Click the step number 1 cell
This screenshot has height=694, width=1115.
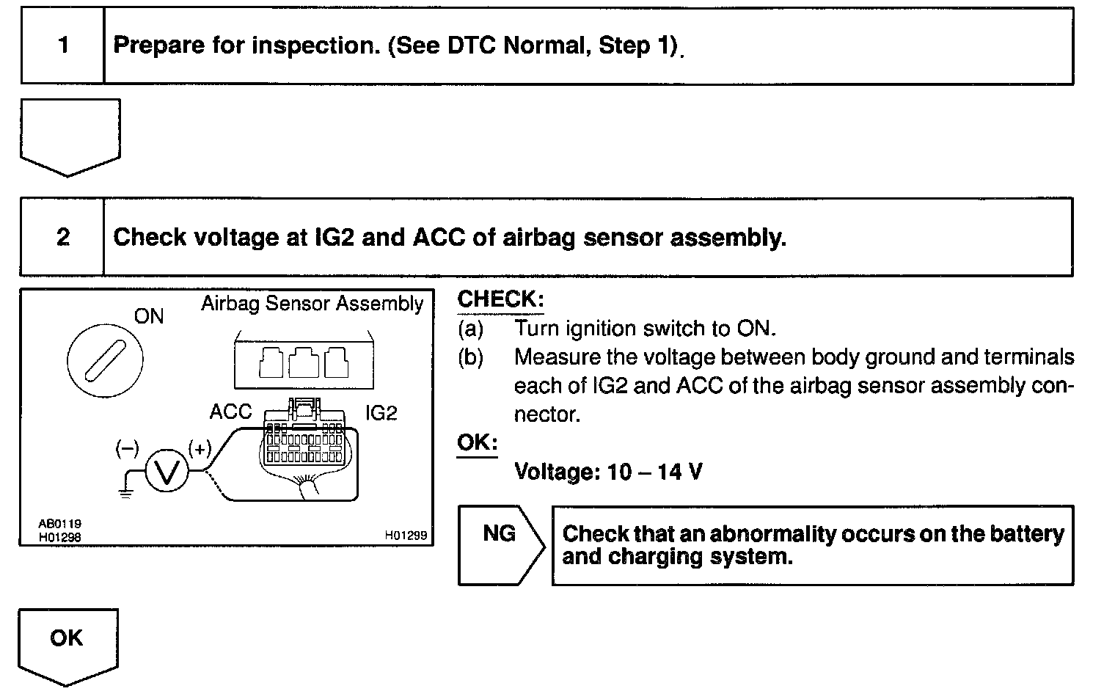[x=63, y=46]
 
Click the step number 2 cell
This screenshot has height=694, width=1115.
[x=63, y=237]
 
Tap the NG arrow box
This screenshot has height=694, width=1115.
[x=500, y=544]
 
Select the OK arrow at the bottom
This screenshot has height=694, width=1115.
[x=67, y=641]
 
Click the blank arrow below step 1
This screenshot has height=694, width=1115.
[x=70, y=134]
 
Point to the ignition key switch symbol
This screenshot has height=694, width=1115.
[x=105, y=360]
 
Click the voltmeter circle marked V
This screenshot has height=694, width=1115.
[x=167, y=470]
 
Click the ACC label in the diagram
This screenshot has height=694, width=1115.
[x=230, y=412]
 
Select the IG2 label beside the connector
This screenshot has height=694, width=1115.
[x=381, y=413]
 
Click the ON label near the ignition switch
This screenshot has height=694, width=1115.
[x=149, y=316]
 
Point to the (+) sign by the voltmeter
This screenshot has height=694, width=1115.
[x=200, y=448]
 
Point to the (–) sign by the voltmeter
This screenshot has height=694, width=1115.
[x=127, y=448]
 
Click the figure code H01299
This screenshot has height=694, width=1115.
[x=406, y=536]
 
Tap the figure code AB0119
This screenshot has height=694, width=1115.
[x=59, y=524]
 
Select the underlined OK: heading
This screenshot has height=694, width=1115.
[x=477, y=442]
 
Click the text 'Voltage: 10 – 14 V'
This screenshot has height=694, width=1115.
[x=608, y=471]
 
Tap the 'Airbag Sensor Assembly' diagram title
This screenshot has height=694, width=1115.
[x=312, y=304]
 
